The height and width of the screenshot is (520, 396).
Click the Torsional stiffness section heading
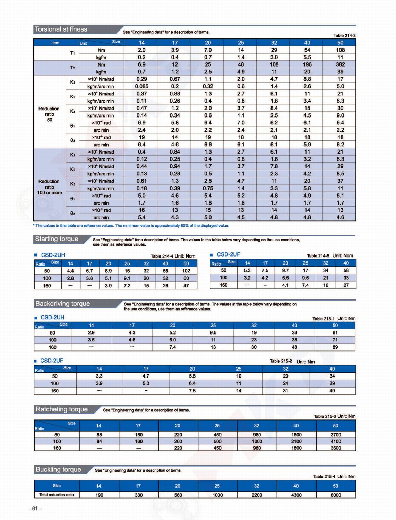(61, 29)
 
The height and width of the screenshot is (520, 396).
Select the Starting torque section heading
(57, 239)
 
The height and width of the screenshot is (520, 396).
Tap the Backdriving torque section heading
(62, 304)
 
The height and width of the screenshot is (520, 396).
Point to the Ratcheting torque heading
(62, 409)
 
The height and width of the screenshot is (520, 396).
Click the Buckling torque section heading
(58, 470)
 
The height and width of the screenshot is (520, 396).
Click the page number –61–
(35, 509)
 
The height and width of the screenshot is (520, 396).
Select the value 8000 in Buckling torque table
(335, 495)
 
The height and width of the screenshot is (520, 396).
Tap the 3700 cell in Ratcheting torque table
(335, 435)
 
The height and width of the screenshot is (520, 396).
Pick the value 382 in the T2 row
(340, 64)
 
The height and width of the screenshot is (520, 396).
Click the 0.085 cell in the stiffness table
(141, 86)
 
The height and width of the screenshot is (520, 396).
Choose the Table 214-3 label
(344, 35)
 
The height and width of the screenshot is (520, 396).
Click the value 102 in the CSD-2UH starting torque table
(186, 271)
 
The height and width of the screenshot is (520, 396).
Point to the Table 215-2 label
(281, 361)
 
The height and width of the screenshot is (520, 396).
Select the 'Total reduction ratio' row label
(57, 495)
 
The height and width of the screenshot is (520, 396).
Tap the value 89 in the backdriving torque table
(335, 347)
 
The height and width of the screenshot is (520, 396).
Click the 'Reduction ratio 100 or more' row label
(50, 187)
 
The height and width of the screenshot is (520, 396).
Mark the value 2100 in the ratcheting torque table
(296, 441)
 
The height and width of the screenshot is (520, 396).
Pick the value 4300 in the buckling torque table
(296, 495)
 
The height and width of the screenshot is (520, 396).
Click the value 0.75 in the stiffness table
(208, 188)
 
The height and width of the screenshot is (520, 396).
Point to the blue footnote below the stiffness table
(132, 226)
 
